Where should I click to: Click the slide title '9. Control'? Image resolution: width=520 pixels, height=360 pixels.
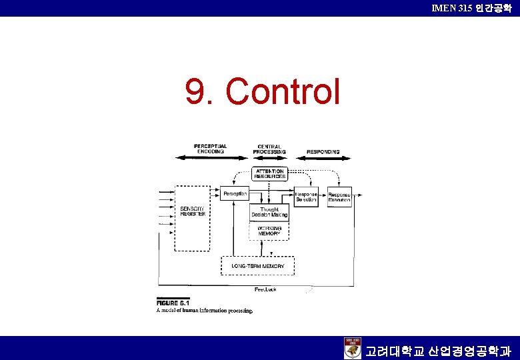[x=263, y=92]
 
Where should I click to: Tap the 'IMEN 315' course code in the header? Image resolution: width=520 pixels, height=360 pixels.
[x=453, y=8]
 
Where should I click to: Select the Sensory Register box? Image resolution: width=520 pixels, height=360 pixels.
[x=192, y=218]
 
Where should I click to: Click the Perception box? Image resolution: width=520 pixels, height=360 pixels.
[x=234, y=193]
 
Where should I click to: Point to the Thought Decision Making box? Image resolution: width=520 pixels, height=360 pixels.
[x=269, y=212]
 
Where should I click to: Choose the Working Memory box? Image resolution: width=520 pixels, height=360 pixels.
[x=269, y=230]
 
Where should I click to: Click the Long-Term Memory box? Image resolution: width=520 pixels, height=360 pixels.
[x=257, y=266]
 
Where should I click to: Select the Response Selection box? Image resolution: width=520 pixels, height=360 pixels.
[x=306, y=197]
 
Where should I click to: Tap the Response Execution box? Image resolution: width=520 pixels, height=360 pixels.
[x=339, y=197]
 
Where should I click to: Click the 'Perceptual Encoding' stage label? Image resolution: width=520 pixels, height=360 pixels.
[x=210, y=149]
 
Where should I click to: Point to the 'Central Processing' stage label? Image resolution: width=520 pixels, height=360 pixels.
[x=269, y=149]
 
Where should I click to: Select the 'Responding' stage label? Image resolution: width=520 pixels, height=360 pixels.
[x=323, y=151]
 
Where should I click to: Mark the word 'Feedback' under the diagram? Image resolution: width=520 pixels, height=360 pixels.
[x=265, y=289]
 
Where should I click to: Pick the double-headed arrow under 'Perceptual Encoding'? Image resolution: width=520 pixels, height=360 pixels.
[x=210, y=158]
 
